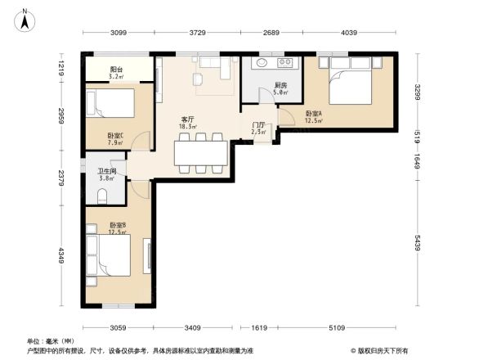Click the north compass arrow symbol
coord(25,20)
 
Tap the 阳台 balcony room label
coord(117,70)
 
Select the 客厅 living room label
coord(187,119)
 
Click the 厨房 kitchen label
coord(280,85)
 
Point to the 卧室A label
coord(313,114)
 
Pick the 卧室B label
coord(117,225)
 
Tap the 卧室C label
coord(115,136)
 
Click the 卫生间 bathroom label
coord(107,171)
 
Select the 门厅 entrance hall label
coord(258,124)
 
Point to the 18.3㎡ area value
coord(189,127)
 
